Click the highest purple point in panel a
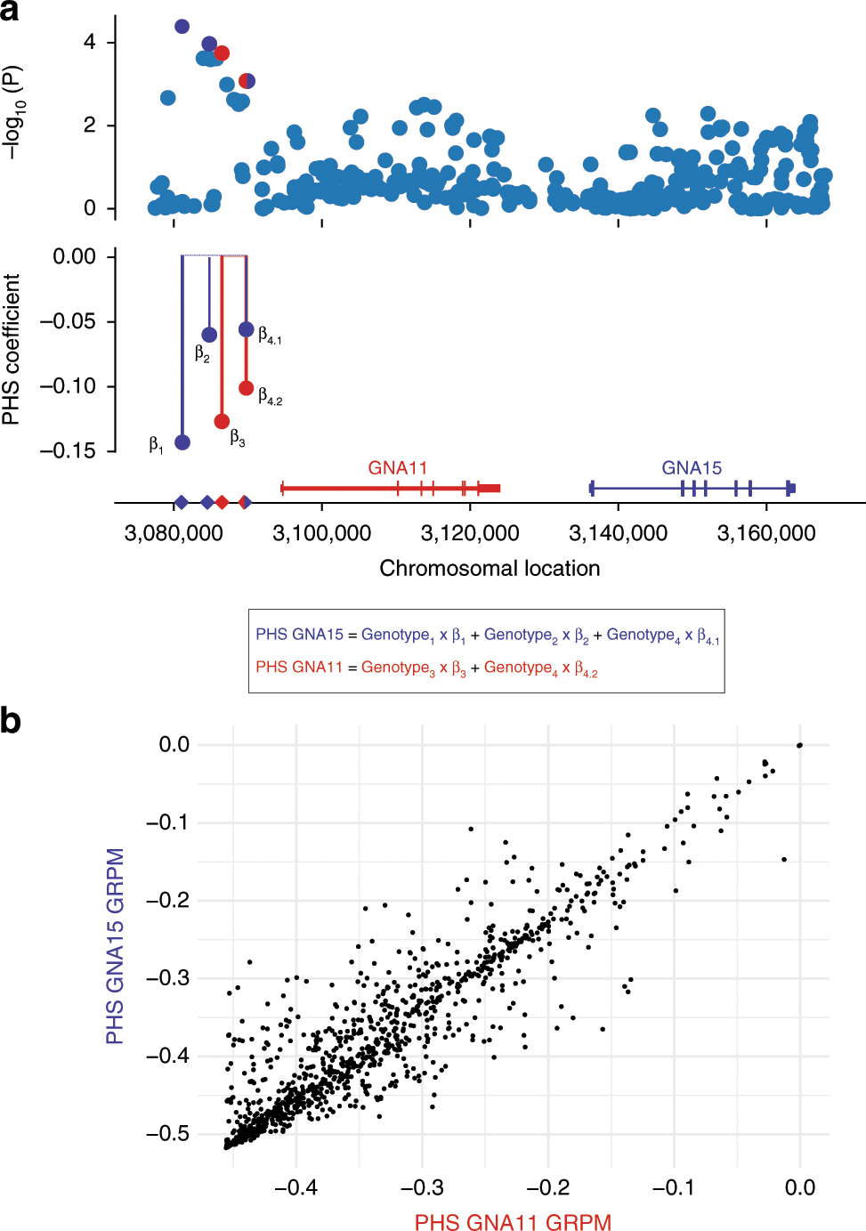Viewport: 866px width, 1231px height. coord(182,27)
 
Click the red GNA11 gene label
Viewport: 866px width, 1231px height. coord(398,468)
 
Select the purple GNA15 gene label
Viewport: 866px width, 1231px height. coord(692,468)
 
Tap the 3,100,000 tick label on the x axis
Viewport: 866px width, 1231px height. coord(321,533)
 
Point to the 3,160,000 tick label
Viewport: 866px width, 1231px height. coord(766,533)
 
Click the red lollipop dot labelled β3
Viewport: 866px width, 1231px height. coord(222,421)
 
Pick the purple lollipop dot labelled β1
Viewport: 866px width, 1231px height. coord(182,442)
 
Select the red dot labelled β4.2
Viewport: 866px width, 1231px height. coord(247,388)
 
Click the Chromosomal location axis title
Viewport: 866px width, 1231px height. coord(490,568)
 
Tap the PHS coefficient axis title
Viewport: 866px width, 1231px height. coord(12,350)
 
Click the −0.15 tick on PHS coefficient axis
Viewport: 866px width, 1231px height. coord(68,451)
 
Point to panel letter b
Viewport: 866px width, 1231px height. coord(11,720)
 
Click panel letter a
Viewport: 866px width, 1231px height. coord(10,11)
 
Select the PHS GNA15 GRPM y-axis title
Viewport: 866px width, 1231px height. coord(115,945)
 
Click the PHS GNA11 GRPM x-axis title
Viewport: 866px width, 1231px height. coord(513,1222)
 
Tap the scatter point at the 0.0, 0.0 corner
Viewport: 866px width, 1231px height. coord(799,745)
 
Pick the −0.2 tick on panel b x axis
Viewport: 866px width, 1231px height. coord(547,1187)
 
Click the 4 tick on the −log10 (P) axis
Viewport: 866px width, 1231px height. coord(90,43)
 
